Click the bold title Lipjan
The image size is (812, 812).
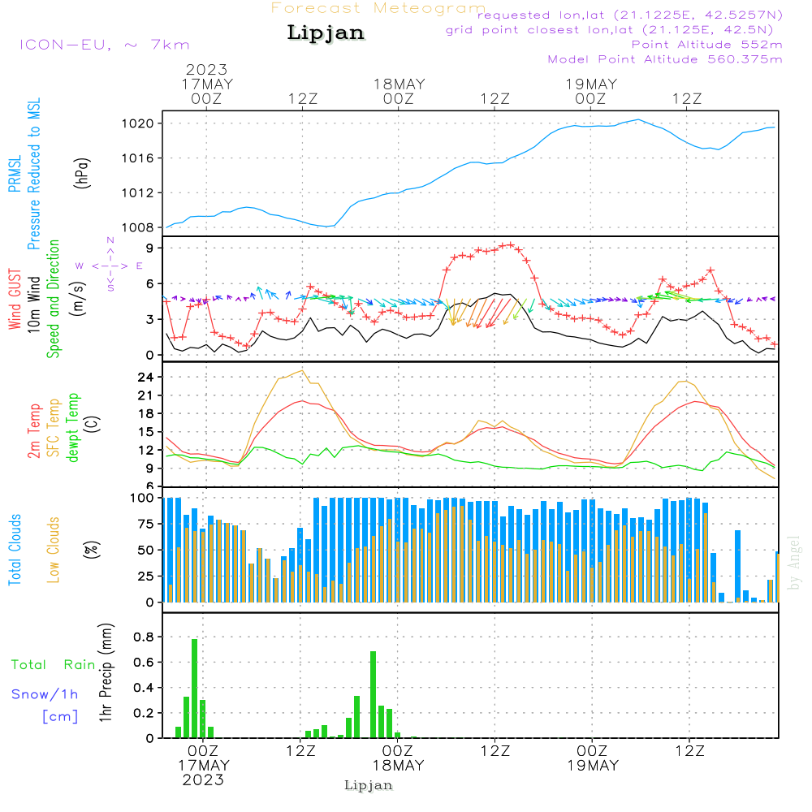(326, 33)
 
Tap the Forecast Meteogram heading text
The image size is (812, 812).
(378, 8)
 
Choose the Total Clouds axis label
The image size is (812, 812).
(15, 549)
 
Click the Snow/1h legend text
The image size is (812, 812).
(45, 694)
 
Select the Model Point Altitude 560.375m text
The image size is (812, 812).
(665, 59)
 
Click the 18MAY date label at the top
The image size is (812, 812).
(399, 84)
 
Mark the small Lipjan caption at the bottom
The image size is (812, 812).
(369, 785)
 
